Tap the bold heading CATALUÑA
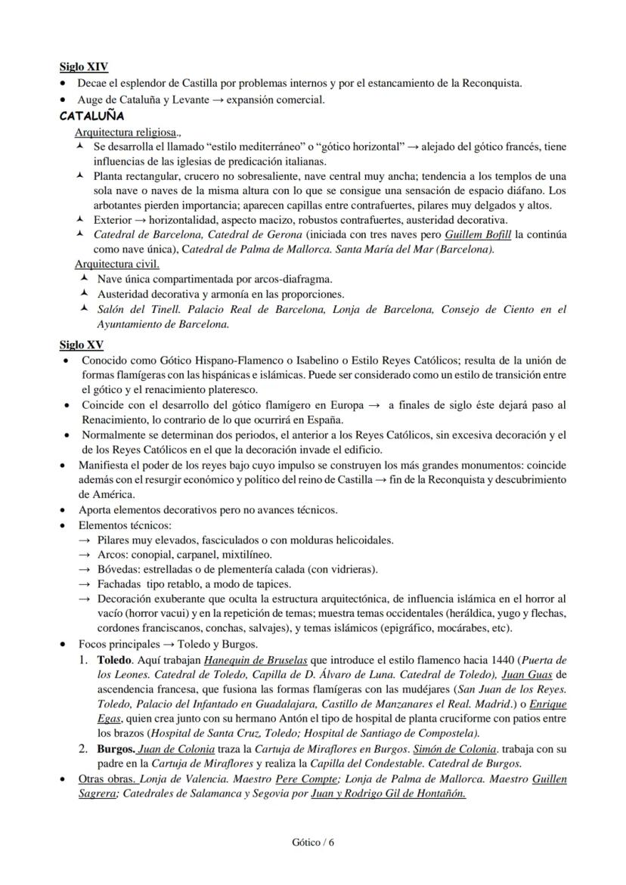coord(91,116)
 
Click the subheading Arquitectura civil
coord(116,264)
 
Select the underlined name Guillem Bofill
coord(478,234)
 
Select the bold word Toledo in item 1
coord(114,660)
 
